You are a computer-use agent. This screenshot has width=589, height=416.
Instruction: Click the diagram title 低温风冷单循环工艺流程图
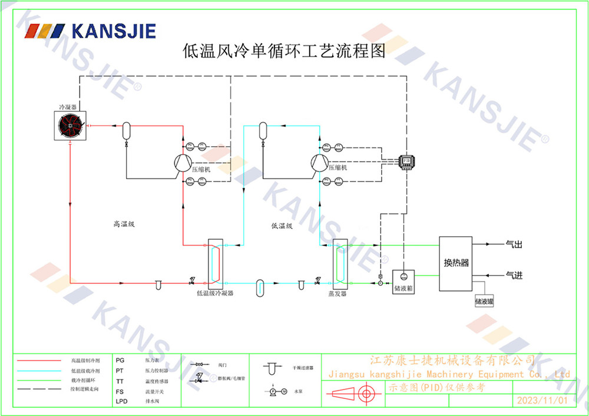click(284, 51)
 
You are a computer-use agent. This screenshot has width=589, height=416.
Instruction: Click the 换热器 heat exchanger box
click(455, 263)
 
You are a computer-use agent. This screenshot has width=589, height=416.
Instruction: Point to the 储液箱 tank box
click(403, 282)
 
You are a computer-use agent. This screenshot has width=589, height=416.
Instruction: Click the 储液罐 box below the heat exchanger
click(484, 301)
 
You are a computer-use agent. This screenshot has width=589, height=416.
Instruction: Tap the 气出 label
click(514, 243)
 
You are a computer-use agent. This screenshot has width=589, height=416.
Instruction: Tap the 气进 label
click(514, 275)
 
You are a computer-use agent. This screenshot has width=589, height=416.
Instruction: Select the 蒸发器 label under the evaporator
click(337, 293)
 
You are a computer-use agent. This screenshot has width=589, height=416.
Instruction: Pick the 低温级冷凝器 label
click(215, 293)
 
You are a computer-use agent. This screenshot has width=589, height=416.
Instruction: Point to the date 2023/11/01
click(541, 400)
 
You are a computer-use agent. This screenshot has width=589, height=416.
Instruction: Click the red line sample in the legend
click(39, 359)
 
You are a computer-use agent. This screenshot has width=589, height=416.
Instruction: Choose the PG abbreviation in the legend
click(120, 359)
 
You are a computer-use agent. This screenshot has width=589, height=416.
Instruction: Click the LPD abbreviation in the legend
click(121, 401)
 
